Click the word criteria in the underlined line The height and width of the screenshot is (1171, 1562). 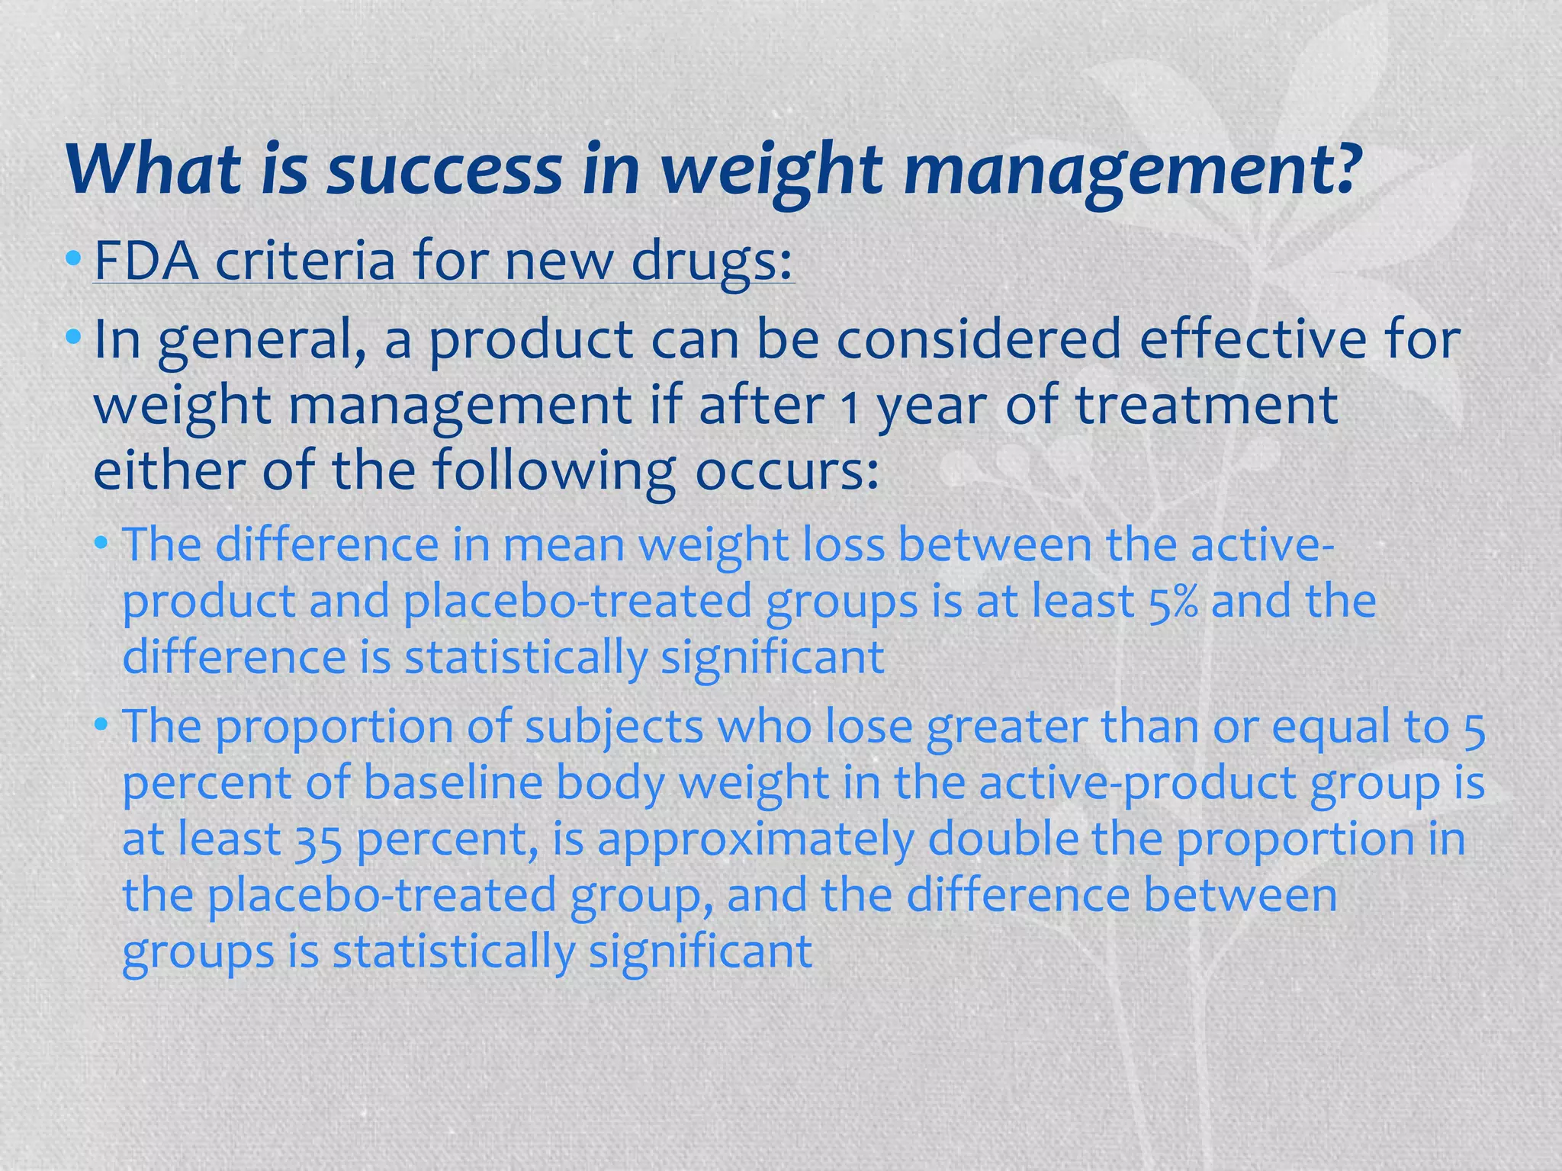(306, 261)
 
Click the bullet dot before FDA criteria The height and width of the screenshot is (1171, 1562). (73, 258)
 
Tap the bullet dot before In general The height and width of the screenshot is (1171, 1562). (73, 336)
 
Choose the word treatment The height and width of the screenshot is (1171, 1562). (1207, 405)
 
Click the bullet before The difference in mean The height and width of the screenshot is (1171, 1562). (103, 544)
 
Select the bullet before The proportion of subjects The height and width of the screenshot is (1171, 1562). (103, 725)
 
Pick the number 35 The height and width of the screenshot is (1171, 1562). (318, 840)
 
